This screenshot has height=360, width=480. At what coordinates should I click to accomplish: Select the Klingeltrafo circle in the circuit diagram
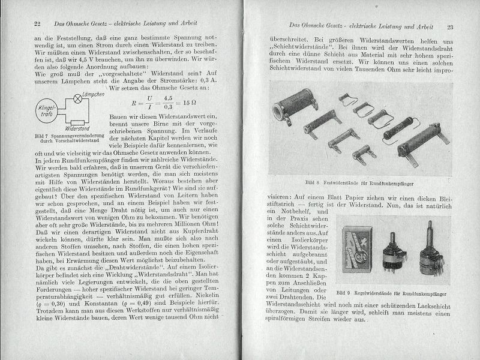pyautogui.click(x=47, y=110)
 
